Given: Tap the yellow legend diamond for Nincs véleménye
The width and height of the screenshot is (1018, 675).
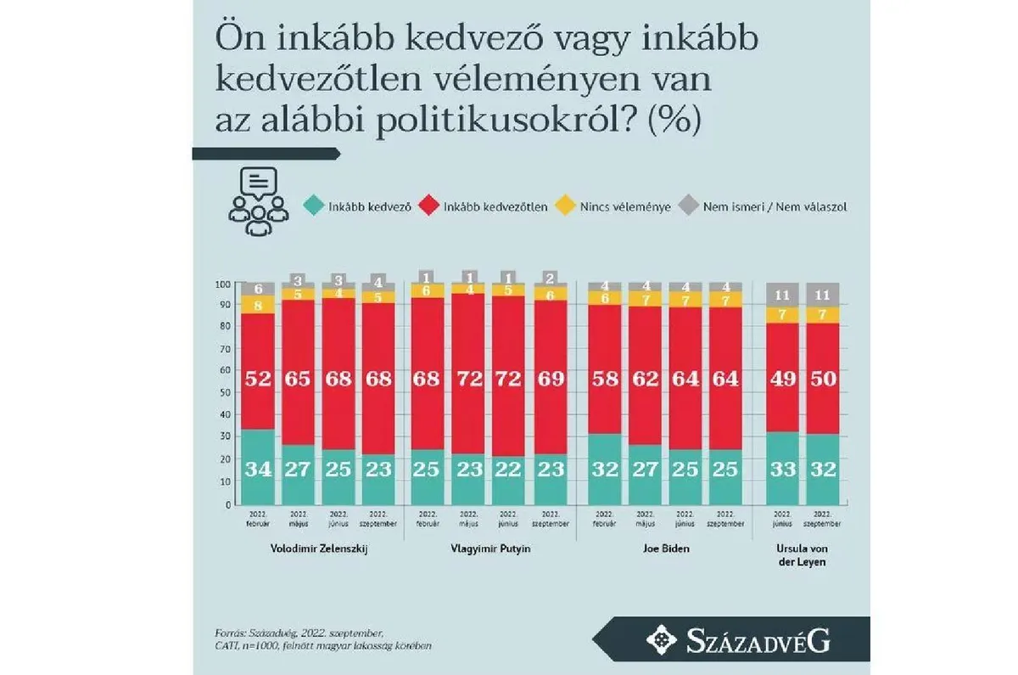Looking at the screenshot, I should pyautogui.click(x=563, y=206).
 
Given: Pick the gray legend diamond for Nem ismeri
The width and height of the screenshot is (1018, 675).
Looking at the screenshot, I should pyautogui.click(x=690, y=206).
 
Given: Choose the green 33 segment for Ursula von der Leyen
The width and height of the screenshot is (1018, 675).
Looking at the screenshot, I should pyautogui.click(x=783, y=468).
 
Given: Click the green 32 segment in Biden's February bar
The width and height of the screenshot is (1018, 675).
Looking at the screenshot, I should pyautogui.click(x=603, y=470).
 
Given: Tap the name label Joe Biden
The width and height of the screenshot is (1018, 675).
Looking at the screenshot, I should pyautogui.click(x=665, y=548).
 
